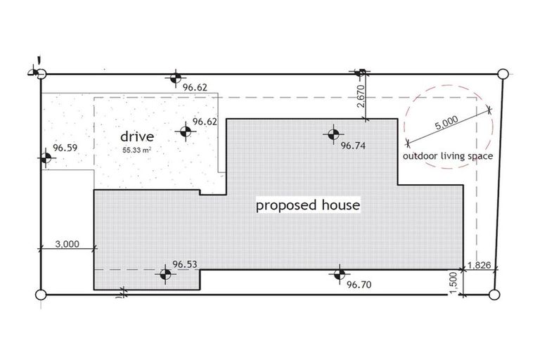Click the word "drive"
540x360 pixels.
[137, 136]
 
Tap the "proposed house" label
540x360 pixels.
[308, 205]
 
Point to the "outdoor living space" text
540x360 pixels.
[447, 156]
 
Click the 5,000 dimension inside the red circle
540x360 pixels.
[447, 124]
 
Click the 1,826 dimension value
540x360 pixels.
[482, 266]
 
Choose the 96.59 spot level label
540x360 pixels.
[65, 149]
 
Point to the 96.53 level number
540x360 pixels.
[184, 264]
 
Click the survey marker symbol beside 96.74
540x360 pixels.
[333, 133]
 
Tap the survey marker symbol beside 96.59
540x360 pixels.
[46, 158]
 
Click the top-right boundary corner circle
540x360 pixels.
[502, 74]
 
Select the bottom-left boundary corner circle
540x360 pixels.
[40, 294]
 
